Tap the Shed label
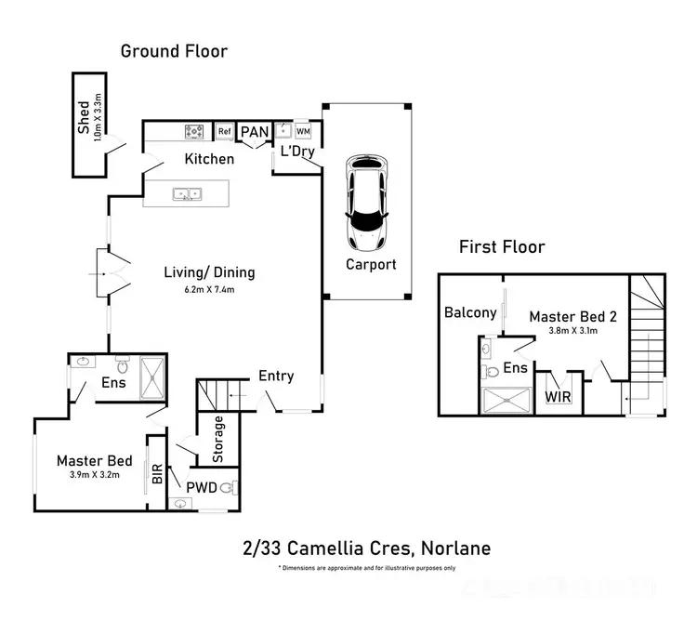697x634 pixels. point(84,119)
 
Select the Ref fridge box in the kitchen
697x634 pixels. point(224,132)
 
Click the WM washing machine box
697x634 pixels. point(302,132)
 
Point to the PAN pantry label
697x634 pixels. point(254,133)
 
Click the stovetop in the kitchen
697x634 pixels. point(196,132)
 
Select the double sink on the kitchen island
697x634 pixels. point(189,194)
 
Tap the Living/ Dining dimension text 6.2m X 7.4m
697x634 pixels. point(209,290)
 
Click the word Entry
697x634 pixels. point(276,376)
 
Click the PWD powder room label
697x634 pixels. point(201,487)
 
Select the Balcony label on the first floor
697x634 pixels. point(470,312)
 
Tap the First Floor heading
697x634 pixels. point(502,247)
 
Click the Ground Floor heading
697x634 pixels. point(174,51)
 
